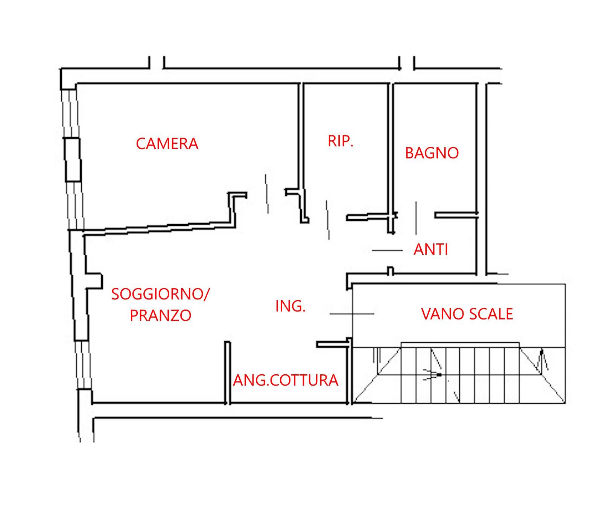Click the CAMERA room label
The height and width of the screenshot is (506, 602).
pyautogui.click(x=167, y=144)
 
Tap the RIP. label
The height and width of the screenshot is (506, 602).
pyautogui.click(x=341, y=141)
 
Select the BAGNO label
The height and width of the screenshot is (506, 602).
pyautogui.click(x=432, y=153)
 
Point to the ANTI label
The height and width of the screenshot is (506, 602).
pyautogui.click(x=431, y=249)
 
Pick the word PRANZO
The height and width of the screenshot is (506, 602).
pyautogui.click(x=161, y=315)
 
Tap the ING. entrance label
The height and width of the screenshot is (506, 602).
pyautogui.click(x=290, y=306)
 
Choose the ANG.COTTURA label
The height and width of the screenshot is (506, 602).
pyautogui.click(x=286, y=380)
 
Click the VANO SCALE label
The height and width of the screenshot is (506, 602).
pyautogui.click(x=467, y=314)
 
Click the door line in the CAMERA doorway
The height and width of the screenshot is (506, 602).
pyautogui.click(x=267, y=194)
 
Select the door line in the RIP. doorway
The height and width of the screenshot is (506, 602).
pyautogui.click(x=328, y=220)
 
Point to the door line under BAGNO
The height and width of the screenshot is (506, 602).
pyautogui.click(x=416, y=218)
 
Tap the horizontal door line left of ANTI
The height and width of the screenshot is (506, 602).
pyautogui.click(x=388, y=250)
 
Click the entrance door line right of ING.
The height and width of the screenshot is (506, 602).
pyautogui.click(x=352, y=313)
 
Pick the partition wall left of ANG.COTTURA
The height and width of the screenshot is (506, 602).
pyautogui.click(x=227, y=372)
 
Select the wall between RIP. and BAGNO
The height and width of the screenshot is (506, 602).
pyautogui.click(x=391, y=158)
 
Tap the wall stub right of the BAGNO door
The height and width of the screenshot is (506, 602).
pyautogui.click(x=456, y=215)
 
